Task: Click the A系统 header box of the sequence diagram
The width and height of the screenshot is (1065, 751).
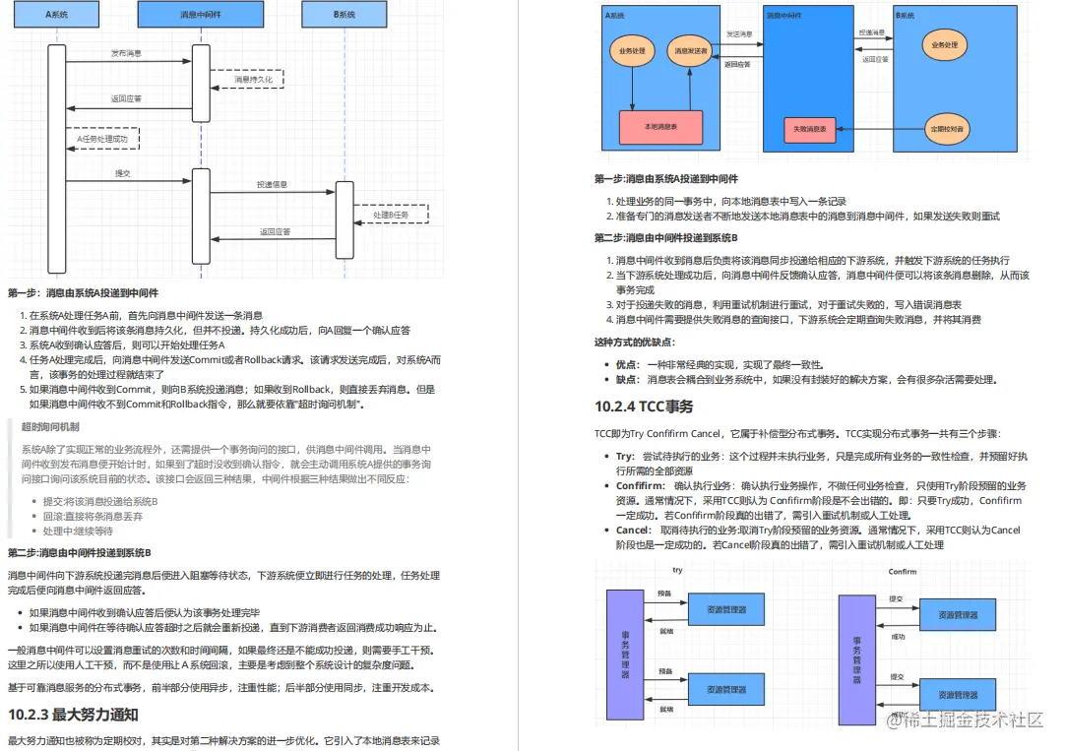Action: pyautogui.click(x=55, y=15)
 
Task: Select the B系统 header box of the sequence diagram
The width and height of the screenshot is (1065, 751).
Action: pyautogui.click(x=345, y=15)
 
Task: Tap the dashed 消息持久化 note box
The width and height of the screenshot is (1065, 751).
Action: pyautogui.click(x=246, y=77)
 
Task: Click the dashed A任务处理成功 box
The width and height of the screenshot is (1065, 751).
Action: pyautogui.click(x=102, y=140)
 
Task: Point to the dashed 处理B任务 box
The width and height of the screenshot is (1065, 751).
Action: pyautogui.click(x=390, y=214)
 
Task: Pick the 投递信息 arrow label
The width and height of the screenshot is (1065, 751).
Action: pyautogui.click(x=273, y=184)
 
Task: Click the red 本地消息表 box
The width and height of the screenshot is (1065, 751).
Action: pyautogui.click(x=659, y=127)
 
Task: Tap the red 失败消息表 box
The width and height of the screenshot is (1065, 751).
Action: pyautogui.click(x=809, y=129)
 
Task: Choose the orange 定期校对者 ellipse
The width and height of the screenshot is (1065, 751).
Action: pyautogui.click(x=948, y=129)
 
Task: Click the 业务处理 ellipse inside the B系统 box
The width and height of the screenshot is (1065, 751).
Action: pyautogui.click(x=944, y=45)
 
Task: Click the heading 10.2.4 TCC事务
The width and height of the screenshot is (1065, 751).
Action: pyautogui.click(x=644, y=406)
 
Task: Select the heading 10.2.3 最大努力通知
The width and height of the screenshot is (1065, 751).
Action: pyautogui.click(x=73, y=714)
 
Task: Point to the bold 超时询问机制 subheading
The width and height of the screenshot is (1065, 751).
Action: pyautogui.click(x=50, y=426)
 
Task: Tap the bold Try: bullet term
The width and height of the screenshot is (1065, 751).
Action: pyautogui.click(x=625, y=457)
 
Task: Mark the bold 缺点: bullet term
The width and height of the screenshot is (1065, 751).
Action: pyautogui.click(x=627, y=379)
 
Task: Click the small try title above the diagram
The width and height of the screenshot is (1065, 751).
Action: pyautogui.click(x=677, y=570)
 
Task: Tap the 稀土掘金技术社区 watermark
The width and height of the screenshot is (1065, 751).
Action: pyautogui.click(x=964, y=720)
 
